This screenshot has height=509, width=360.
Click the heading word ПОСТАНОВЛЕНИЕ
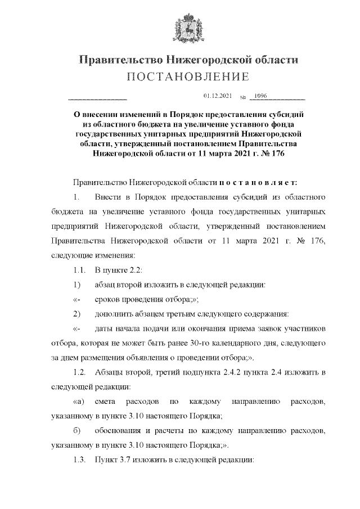click(x=179, y=77)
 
